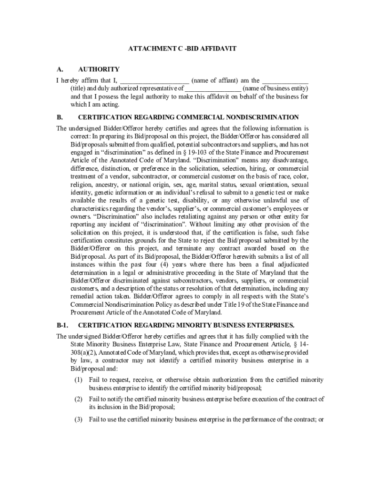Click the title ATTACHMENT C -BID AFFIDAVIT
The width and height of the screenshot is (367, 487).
pyautogui.click(x=183, y=49)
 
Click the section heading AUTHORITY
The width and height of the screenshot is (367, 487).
pyautogui.click(x=99, y=69)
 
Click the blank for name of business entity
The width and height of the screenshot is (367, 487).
pyautogui.click(x=213, y=88)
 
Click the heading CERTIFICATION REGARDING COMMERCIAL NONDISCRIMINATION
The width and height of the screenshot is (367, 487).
pyautogui.click(x=188, y=117)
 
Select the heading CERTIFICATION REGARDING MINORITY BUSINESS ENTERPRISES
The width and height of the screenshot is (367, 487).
pyautogui.click(x=186, y=325)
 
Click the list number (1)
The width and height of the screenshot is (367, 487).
pyautogui.click(x=79, y=380)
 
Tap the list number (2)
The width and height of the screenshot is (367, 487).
pyautogui.click(x=79, y=399)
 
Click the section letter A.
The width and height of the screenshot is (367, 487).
pyautogui.click(x=60, y=69)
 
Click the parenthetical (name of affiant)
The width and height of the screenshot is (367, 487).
pyautogui.click(x=214, y=80)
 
